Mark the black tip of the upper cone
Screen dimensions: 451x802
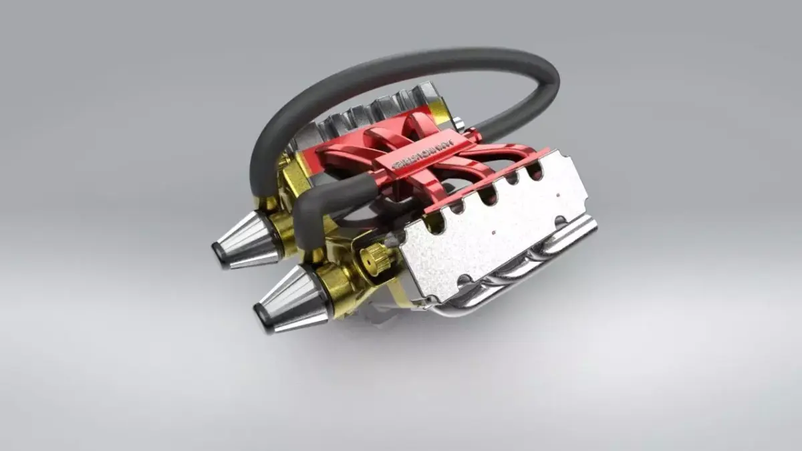[x=219, y=254]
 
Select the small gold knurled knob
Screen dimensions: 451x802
[x=375, y=258]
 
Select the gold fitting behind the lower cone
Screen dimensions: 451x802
[x=334, y=284]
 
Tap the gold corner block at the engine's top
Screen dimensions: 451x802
[x=438, y=110]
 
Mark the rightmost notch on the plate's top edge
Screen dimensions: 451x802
[x=535, y=172]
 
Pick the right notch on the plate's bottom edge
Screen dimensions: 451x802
[x=560, y=221]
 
